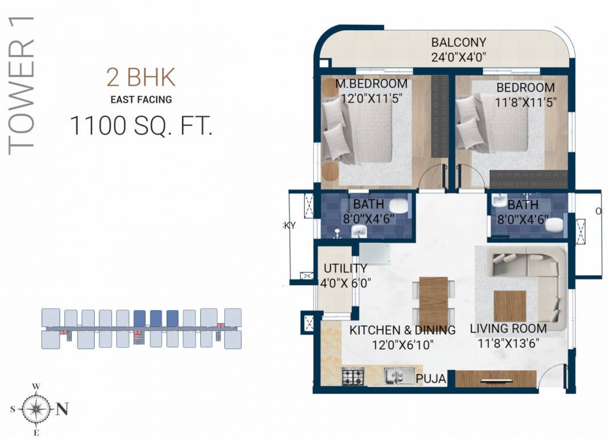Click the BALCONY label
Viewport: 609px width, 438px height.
(458, 42)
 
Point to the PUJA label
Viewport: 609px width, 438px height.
(431, 378)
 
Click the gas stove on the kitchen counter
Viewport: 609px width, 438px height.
(353, 376)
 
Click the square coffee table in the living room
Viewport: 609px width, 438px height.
(509, 306)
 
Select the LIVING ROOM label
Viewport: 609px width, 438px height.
(508, 328)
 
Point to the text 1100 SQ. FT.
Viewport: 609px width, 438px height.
(141, 126)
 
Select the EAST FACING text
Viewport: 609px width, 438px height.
(141, 100)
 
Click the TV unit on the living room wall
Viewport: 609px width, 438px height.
(495, 379)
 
